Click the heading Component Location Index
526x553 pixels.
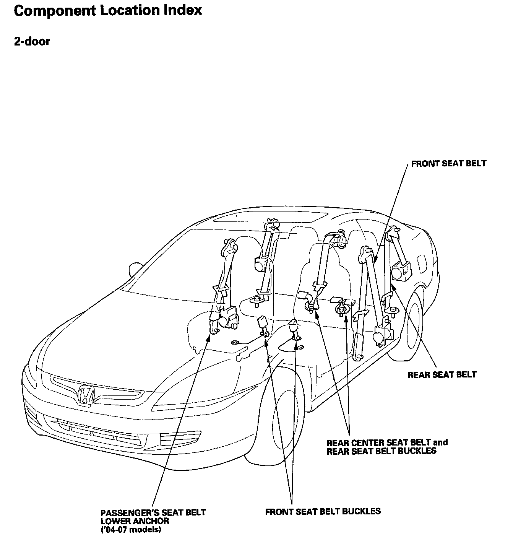(108, 10)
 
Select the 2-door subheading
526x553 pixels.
(32, 41)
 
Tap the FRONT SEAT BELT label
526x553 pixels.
(448, 164)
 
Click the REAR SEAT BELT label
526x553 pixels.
(442, 374)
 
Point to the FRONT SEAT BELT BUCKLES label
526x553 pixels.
(323, 511)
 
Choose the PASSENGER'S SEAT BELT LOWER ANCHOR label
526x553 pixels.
(153, 517)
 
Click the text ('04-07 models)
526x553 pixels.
(131, 530)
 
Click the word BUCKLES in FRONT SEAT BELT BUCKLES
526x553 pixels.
(359, 511)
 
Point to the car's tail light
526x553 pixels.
(422, 262)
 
